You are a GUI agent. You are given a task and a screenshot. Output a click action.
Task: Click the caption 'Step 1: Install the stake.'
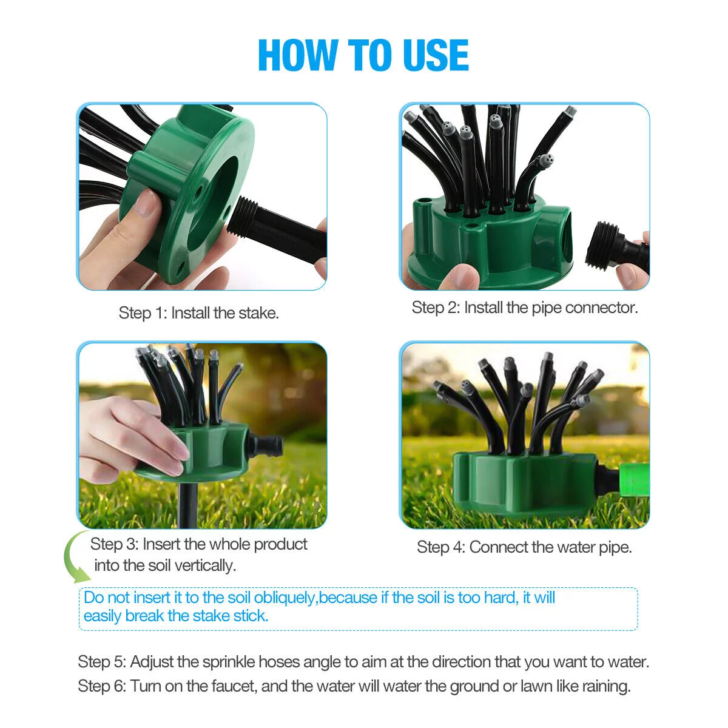coord(199,313)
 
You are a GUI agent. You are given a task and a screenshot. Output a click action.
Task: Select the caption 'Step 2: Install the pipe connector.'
coord(525,308)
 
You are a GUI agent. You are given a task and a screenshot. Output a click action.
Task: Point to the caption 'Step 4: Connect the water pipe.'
coord(524,547)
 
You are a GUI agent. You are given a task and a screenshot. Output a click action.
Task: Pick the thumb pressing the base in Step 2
coord(458,276)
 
